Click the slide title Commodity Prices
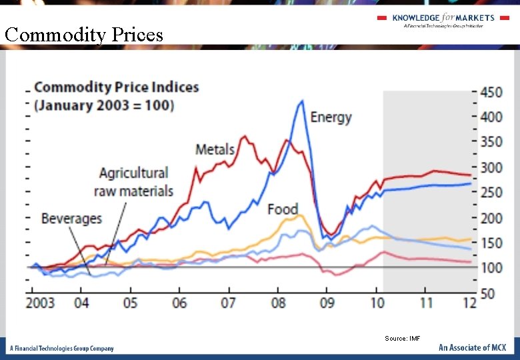pos(84,34)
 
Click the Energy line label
pos(331,117)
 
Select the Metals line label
pos(215,149)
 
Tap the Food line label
pos(282,209)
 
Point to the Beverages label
pos(71,219)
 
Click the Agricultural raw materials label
pos(134,182)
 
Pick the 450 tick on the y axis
pos(491,92)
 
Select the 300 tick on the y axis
pos(491,167)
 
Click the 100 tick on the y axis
pos(491,267)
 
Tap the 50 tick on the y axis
pos(489,293)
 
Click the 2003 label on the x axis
pos(41,303)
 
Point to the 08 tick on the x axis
pos(278,303)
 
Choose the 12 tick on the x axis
pos(469,303)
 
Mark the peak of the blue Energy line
pos(302,101)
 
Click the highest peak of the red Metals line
pos(245,137)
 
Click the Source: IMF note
pos(402,339)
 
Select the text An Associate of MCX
pos(472,347)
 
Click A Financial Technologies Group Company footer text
pos(61,348)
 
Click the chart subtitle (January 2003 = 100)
pos(103,105)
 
